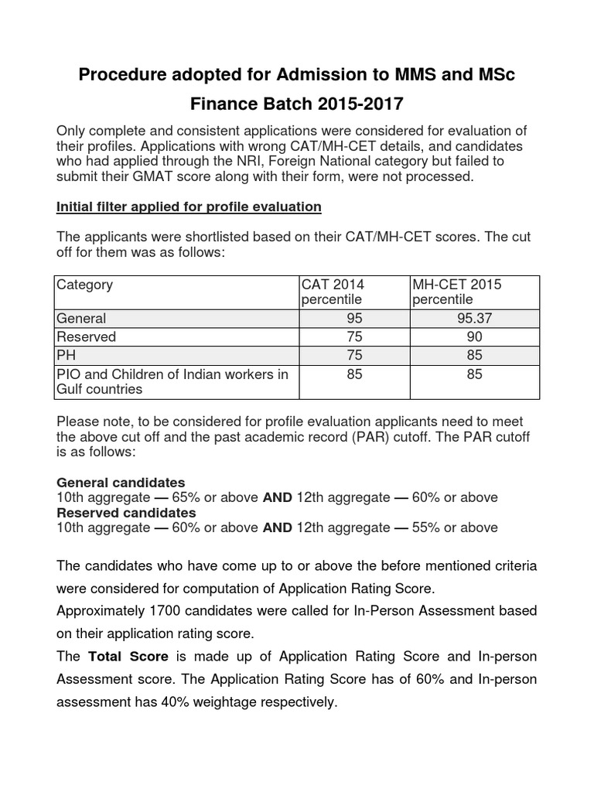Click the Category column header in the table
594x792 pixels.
point(84,285)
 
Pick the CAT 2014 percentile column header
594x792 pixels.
point(333,292)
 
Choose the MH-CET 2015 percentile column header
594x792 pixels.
point(456,292)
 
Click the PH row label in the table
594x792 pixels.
point(67,356)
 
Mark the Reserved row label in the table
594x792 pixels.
point(86,336)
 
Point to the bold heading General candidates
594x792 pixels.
point(121,483)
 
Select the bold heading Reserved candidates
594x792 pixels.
point(127,513)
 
